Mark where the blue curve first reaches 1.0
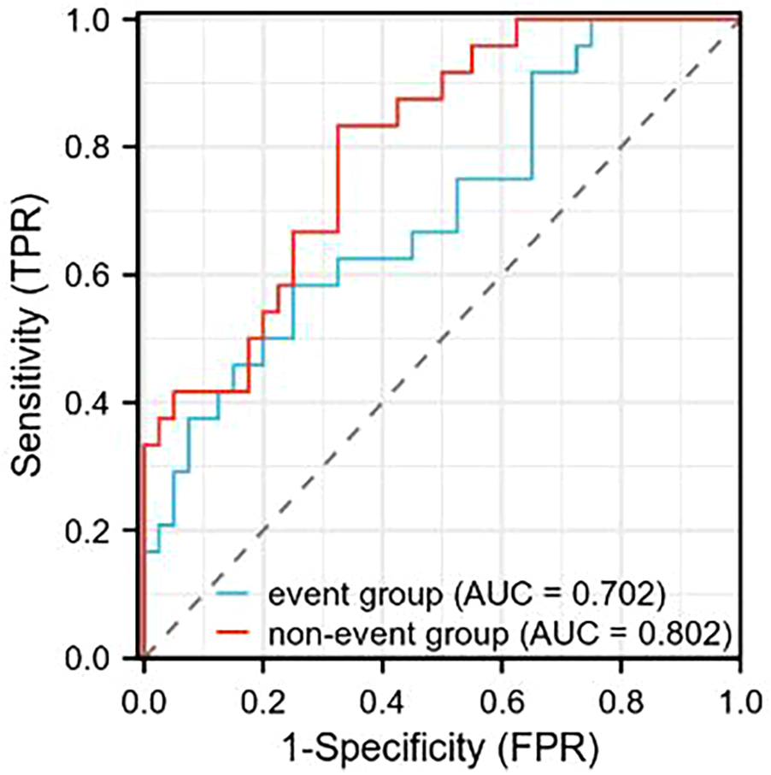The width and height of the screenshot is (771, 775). click(591, 20)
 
